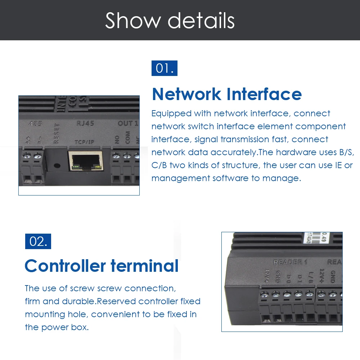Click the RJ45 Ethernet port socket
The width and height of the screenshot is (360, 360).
pyautogui.click(x=85, y=161)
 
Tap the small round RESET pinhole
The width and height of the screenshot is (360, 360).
pyautogui.click(x=57, y=166)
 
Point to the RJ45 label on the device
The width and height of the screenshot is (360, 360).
pyautogui.click(x=85, y=123)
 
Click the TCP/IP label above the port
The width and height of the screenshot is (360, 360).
pyautogui.click(x=84, y=142)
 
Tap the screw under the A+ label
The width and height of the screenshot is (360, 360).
pyautogui.click(x=27, y=156)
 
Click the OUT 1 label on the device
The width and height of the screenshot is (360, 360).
pyautogui.click(x=128, y=123)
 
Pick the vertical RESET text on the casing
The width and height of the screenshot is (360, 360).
pyautogui.click(x=57, y=134)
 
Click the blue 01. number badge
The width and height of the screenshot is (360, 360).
pyautogui.click(x=164, y=68)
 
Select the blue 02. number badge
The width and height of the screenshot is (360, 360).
pyautogui.click(x=38, y=241)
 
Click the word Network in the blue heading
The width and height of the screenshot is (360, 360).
pyautogui.click(x=187, y=94)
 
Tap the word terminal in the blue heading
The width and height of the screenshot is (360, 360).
pyautogui.click(x=144, y=266)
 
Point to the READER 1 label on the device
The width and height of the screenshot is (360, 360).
pyautogui.click(x=290, y=262)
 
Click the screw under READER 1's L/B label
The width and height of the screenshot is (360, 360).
pyautogui.click(x=309, y=293)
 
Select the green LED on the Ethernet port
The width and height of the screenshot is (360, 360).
pyautogui.click(x=75, y=166)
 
